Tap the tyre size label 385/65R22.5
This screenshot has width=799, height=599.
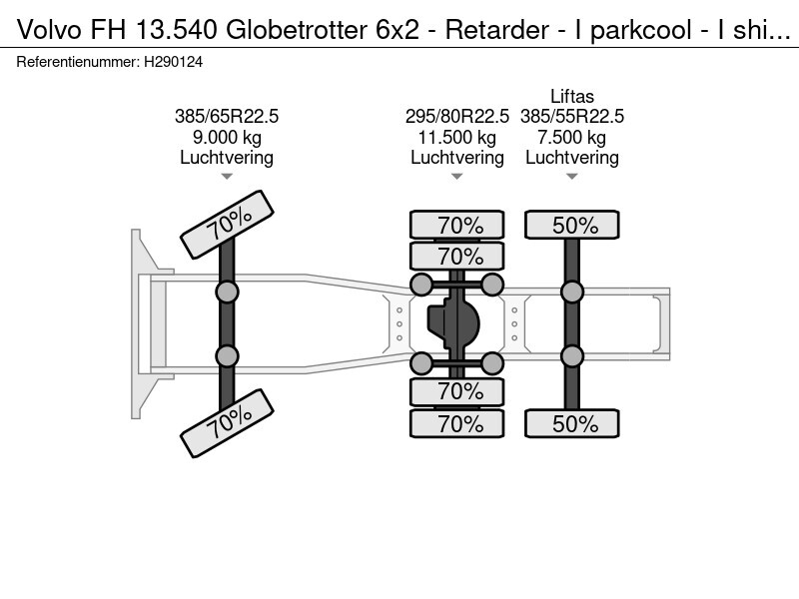tap(227, 117)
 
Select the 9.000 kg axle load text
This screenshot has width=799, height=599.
tap(227, 138)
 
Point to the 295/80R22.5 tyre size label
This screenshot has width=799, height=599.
tap(456, 117)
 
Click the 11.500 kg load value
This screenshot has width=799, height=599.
tap(456, 138)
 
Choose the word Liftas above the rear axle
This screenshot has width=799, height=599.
tap(571, 97)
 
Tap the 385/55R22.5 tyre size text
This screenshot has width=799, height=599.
tap(571, 117)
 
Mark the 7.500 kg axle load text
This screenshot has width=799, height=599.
tap(571, 138)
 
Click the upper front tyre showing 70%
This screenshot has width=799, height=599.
tap(227, 226)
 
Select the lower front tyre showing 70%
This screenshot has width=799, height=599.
tap(227, 421)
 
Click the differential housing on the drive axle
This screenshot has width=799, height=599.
tap(456, 323)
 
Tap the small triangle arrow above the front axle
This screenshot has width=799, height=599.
tap(227, 177)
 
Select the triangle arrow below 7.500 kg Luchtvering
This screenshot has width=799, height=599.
tap(571, 177)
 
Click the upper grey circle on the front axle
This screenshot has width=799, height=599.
tap(227, 292)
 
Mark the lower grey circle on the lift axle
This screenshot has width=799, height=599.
tap(571, 356)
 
